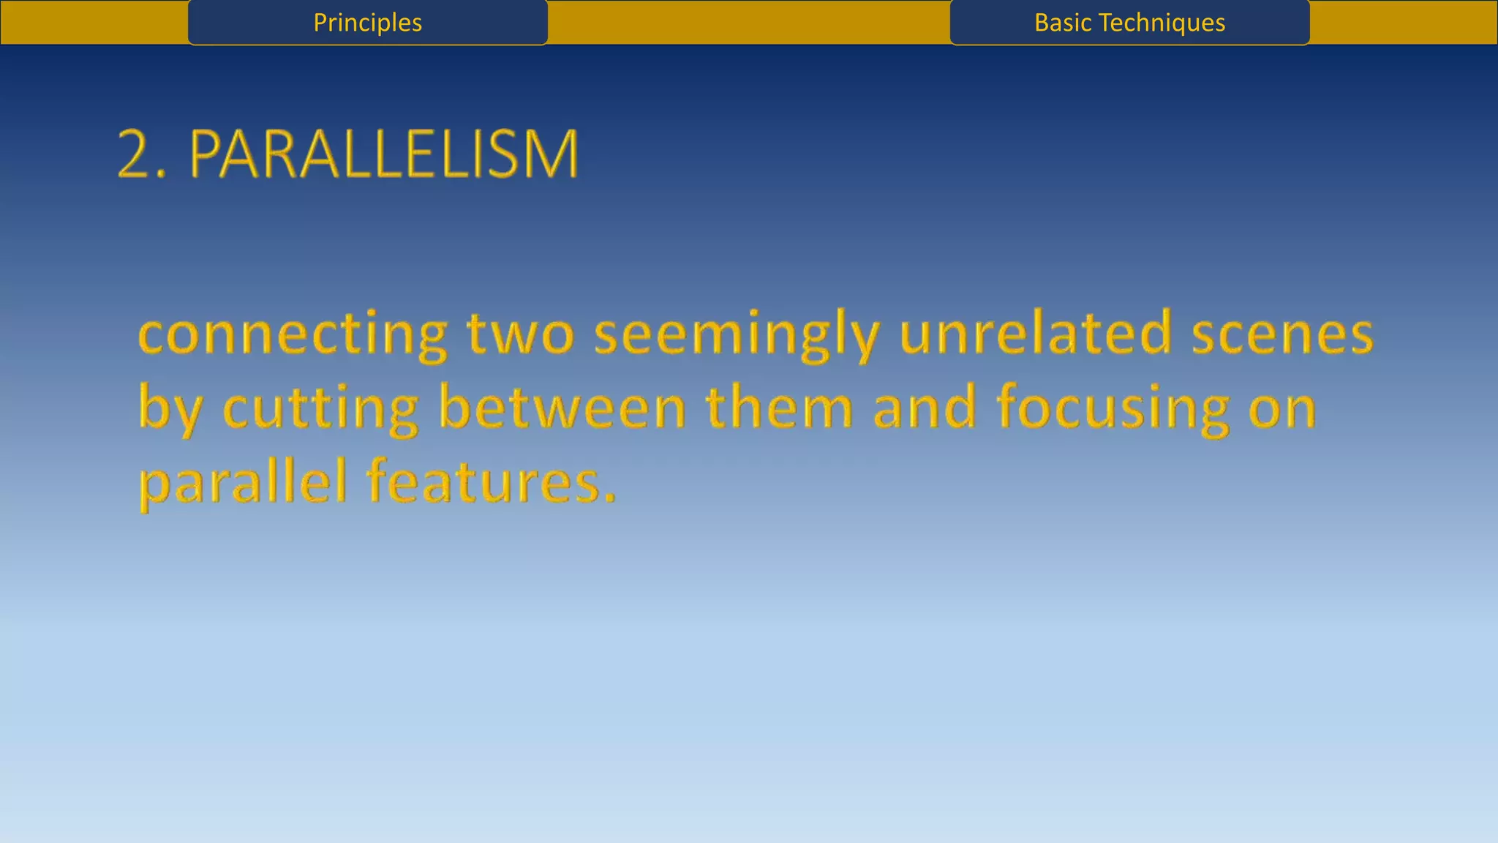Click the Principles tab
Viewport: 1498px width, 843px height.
click(x=367, y=23)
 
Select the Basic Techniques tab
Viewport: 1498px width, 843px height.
click(x=1129, y=23)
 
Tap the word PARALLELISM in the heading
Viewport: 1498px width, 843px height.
click(x=384, y=154)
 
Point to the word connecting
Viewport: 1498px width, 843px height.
click(x=293, y=334)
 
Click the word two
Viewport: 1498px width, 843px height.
click(x=521, y=334)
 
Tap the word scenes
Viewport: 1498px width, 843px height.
click(x=1282, y=334)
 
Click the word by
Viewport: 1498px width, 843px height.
click(x=170, y=408)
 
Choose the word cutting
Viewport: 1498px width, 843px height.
click(x=320, y=408)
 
